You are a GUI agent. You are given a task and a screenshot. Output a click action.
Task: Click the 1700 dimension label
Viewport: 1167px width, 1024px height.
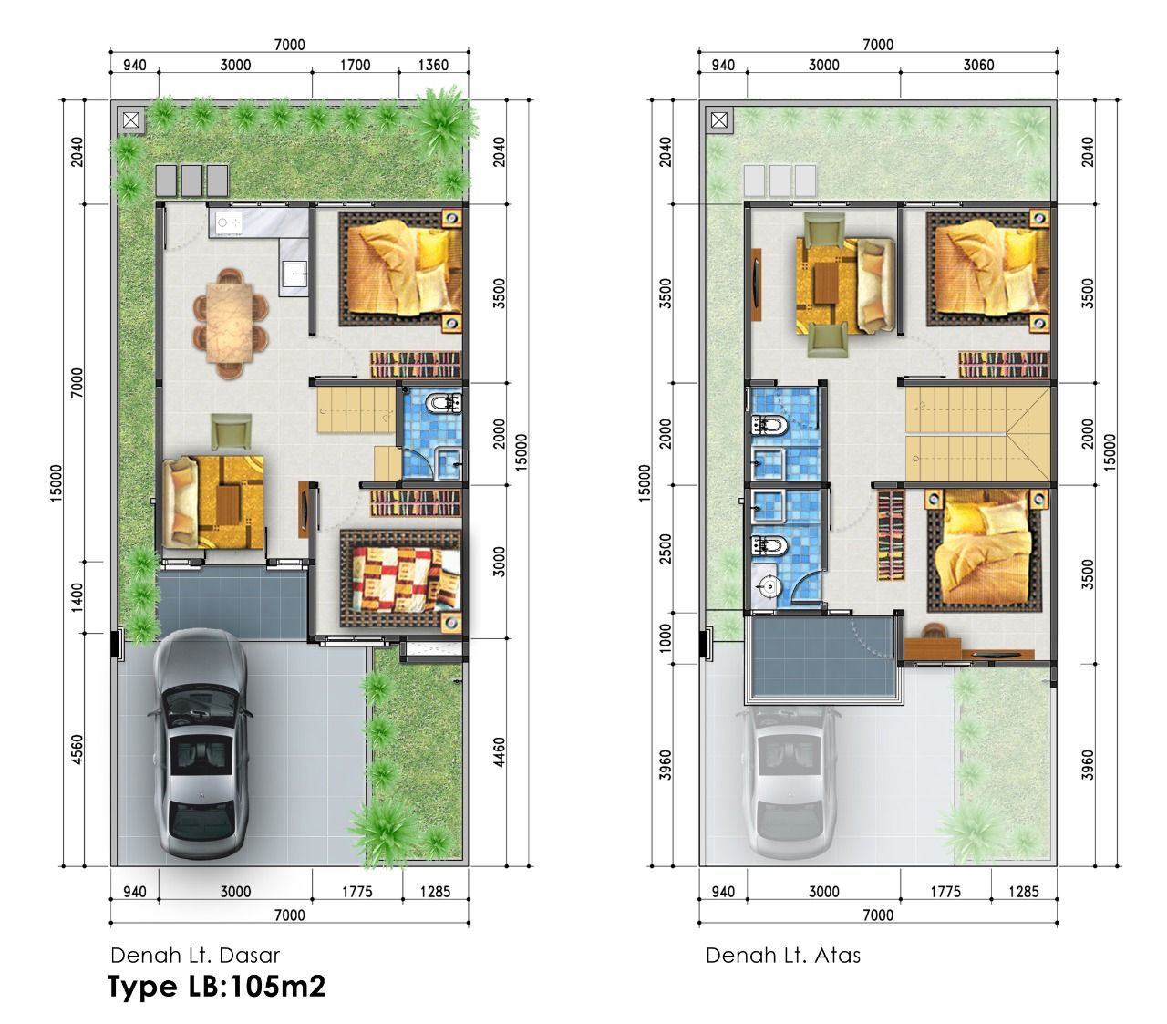point(355,65)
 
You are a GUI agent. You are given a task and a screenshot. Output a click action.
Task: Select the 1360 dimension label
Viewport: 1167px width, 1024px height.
point(433,65)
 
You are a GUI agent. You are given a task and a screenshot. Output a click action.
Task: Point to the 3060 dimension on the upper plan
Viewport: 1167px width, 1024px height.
point(978,65)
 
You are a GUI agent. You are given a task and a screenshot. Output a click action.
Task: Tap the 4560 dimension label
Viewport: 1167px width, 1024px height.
point(77,750)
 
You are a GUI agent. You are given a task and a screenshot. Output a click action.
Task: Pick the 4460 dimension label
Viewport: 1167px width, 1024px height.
point(500,751)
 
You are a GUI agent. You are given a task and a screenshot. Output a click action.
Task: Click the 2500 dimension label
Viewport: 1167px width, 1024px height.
point(666,548)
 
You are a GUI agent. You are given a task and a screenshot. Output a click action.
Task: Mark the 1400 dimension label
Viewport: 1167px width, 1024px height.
point(77,597)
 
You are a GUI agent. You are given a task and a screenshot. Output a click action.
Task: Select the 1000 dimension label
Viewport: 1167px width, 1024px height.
point(666,638)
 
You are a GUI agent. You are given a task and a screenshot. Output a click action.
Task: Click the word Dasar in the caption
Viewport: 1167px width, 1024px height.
point(250,956)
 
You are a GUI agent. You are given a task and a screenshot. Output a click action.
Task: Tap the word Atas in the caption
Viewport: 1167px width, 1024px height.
point(838,956)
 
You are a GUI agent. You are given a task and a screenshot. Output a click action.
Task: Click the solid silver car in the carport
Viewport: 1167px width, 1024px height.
point(201,742)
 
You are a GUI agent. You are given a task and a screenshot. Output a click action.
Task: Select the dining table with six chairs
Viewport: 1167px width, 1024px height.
point(231,324)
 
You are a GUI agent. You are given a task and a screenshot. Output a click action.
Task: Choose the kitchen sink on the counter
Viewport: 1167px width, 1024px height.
point(294,274)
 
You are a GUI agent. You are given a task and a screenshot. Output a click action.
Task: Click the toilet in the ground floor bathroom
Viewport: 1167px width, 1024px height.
point(443,402)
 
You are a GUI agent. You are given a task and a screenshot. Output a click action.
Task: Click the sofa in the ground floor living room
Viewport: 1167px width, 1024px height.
point(181,502)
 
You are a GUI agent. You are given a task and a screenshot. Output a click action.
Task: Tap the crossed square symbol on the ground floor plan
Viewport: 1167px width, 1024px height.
point(130,119)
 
